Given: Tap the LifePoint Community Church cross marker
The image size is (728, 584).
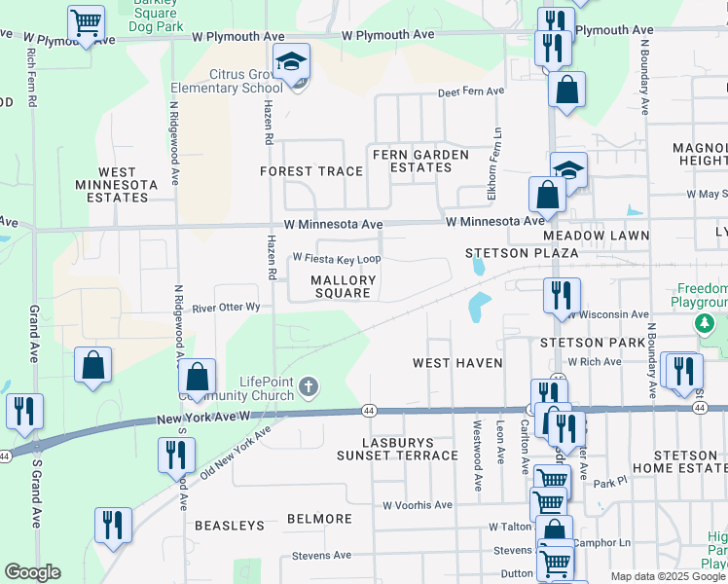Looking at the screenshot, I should click(309, 388).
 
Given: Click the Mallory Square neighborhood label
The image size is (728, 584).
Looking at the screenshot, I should click(343, 286).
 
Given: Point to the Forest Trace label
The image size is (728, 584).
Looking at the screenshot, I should click(311, 171).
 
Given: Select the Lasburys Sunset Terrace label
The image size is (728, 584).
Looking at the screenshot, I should click(397, 449).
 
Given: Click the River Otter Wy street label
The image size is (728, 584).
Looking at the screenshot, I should click(226, 308).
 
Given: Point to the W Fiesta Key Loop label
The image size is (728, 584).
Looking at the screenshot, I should click(337, 259).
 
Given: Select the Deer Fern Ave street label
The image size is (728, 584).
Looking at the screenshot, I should click(471, 91).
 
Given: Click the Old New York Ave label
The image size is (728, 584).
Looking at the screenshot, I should click(223, 456).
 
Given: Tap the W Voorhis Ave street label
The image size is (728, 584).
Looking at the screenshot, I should click(417, 505).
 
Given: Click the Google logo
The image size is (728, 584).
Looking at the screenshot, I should click(32, 572).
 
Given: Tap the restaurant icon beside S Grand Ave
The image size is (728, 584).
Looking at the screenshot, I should click(24, 413).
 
